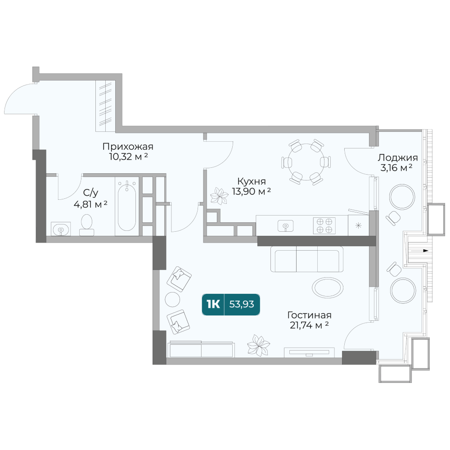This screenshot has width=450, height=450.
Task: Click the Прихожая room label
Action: pos(128,147)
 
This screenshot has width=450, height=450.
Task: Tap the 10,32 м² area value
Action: pos(128,157)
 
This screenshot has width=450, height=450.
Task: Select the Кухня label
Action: pos(252,181)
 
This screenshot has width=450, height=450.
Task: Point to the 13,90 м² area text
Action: pos(252,191)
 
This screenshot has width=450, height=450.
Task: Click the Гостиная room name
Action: pos(310,315)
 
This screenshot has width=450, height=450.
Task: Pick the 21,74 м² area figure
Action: pos(310,325)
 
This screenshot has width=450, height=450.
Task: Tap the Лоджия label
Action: pos(397,157)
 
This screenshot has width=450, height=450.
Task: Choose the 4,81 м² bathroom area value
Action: pos(90,204)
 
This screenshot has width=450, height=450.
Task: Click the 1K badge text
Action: pos(213,304)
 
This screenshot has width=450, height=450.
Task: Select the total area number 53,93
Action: pos(242,304)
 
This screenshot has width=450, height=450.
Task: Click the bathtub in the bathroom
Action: pos(127,207)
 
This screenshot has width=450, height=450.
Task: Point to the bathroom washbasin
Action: pos(61,229)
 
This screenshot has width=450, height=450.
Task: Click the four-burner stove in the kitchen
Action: pos(324,225)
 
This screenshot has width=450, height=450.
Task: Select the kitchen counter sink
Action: pos(286,226)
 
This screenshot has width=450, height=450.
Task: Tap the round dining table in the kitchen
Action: pos(306,162)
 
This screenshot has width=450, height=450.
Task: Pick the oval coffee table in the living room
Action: pos(328,288)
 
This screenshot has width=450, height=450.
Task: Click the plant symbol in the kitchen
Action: pos(219,196)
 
